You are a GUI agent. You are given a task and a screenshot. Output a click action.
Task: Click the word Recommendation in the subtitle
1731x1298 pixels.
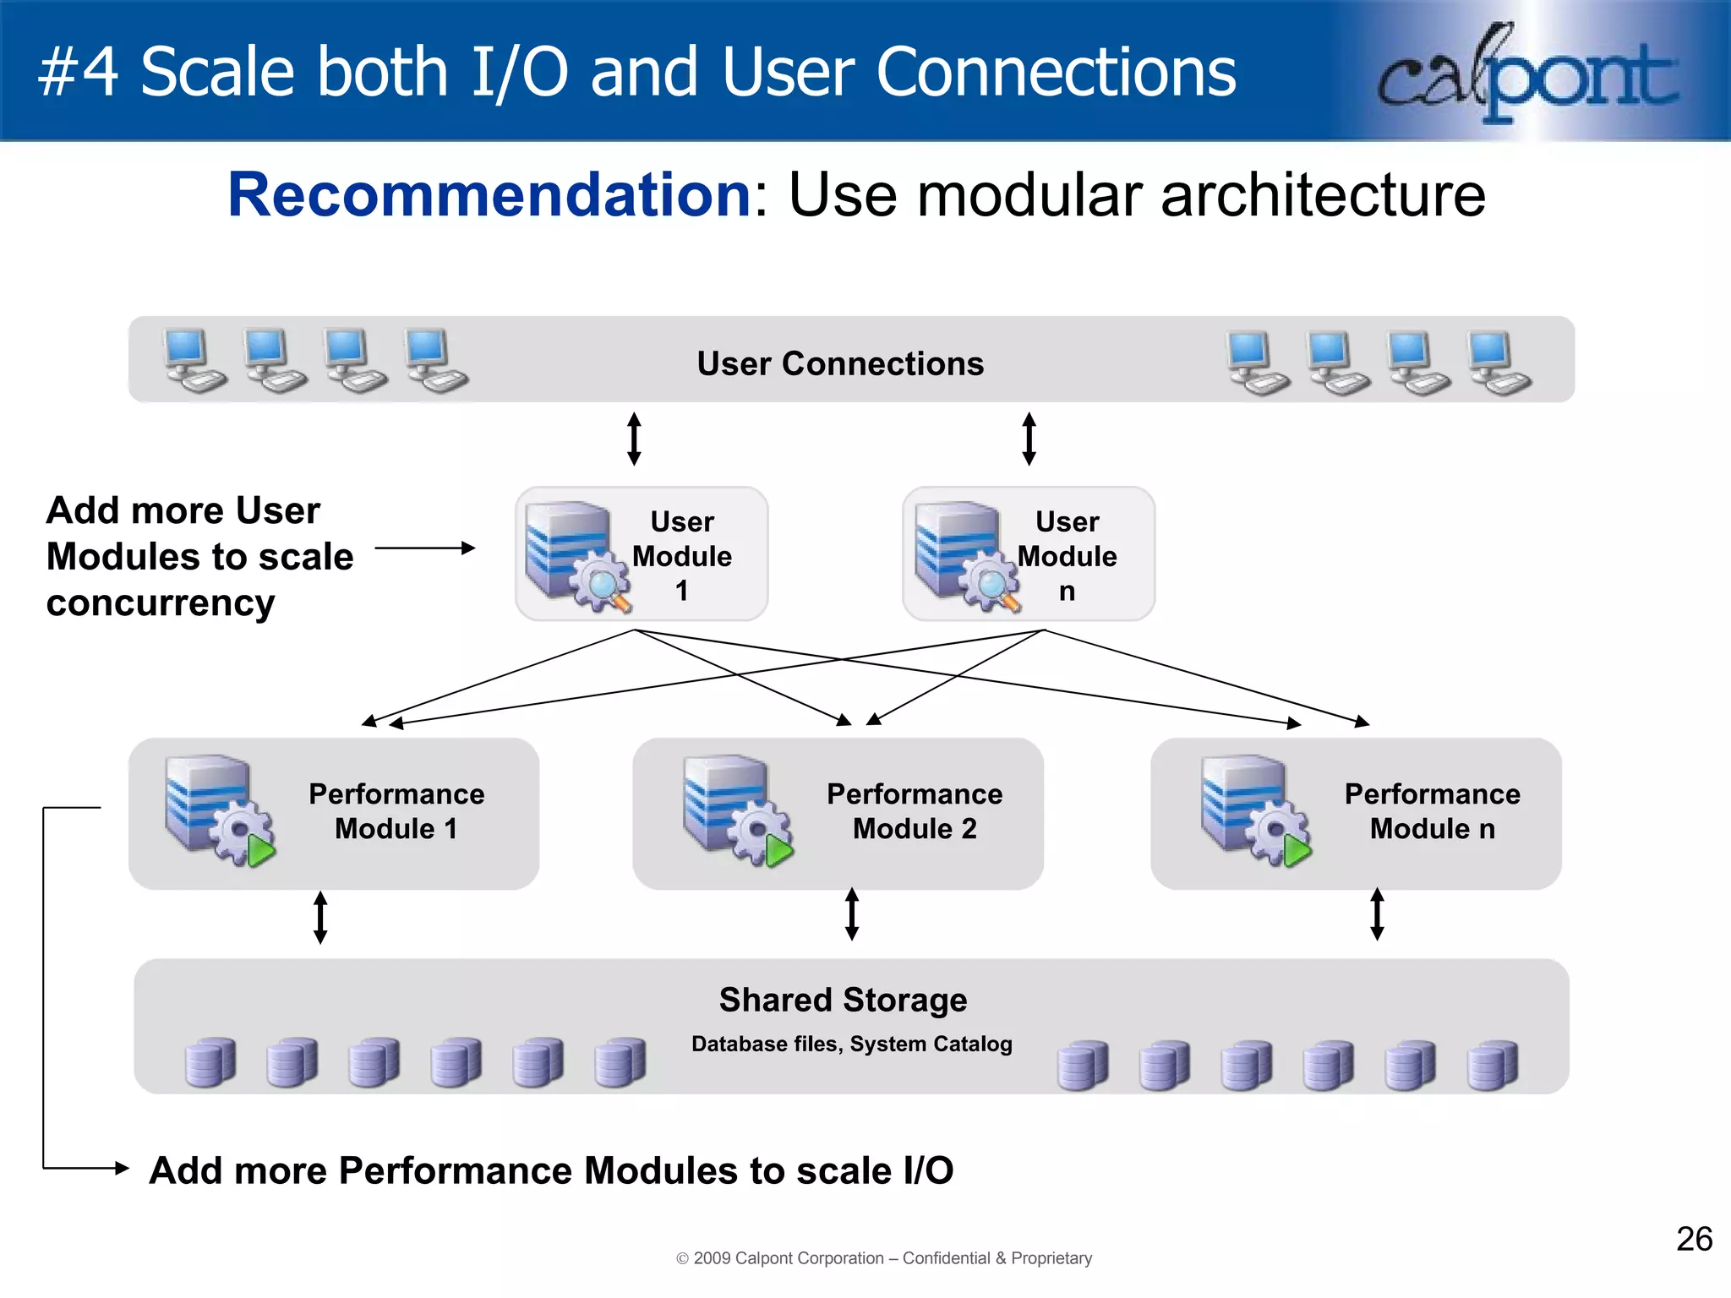(489, 195)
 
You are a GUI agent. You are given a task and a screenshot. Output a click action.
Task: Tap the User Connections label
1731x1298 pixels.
(840, 363)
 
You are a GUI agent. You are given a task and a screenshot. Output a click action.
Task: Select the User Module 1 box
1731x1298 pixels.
(642, 554)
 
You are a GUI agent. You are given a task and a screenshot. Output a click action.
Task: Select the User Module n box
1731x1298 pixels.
(1028, 554)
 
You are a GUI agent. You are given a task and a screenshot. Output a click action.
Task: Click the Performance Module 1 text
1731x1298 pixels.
(396, 811)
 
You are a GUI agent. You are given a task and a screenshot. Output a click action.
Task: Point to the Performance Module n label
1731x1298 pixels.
(1432, 811)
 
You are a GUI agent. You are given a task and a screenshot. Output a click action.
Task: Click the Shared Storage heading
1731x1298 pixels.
(843, 1000)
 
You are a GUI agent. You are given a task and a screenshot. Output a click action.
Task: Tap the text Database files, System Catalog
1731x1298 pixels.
(851, 1044)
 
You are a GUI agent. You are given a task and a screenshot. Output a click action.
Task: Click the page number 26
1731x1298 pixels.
(1694, 1240)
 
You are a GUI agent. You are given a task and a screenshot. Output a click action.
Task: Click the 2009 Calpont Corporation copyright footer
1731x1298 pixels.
(884, 1258)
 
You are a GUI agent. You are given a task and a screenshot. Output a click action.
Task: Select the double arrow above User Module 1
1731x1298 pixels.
(634, 439)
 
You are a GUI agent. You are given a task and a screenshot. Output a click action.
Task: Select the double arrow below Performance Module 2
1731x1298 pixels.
(852, 914)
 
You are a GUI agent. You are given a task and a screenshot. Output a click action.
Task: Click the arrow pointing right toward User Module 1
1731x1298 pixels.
(424, 548)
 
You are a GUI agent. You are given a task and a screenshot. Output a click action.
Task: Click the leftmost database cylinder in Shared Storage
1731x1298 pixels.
(210, 1062)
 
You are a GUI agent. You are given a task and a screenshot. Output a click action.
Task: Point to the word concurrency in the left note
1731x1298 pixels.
(161, 603)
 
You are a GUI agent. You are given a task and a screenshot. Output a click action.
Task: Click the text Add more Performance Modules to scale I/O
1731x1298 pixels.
(551, 1170)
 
